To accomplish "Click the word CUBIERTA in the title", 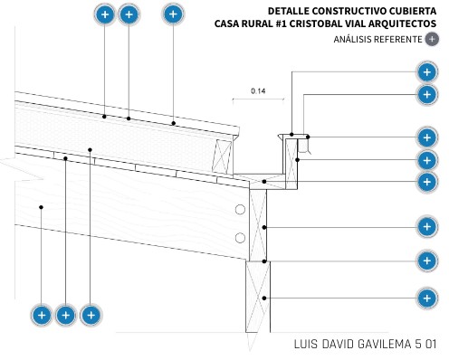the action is (x=413, y=11).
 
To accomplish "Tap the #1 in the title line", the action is (x=282, y=24).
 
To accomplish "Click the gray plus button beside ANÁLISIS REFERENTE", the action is (x=432, y=39).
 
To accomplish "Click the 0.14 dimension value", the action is (x=258, y=90).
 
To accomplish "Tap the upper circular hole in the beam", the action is (x=240, y=210).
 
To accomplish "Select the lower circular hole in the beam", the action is (x=240, y=238).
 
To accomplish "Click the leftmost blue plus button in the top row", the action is (x=105, y=14).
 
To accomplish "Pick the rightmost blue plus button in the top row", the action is (x=173, y=14).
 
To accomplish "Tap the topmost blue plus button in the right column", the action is (x=427, y=72).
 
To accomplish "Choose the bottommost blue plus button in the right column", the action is (x=427, y=298).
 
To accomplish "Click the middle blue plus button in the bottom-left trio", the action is (x=66, y=316).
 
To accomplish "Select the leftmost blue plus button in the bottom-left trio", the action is (x=42, y=316).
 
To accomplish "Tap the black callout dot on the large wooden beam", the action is (x=41, y=207).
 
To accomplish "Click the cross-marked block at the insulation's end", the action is (x=222, y=156).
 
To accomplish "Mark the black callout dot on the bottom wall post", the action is (x=264, y=298).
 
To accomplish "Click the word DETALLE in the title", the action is (x=289, y=11).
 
